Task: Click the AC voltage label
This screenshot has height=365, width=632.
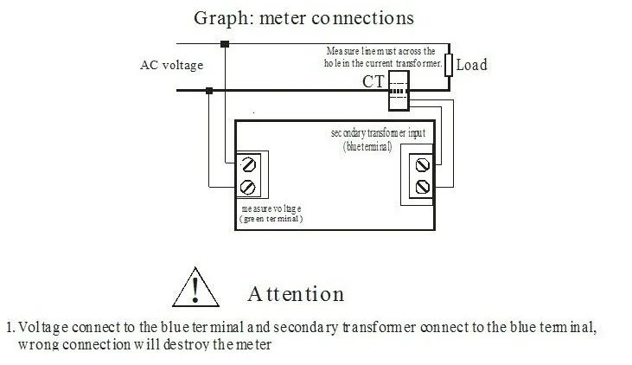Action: [172, 66]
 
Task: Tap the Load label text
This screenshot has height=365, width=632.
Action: [471, 65]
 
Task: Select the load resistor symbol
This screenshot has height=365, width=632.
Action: [449, 65]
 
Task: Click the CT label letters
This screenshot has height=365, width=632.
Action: [373, 82]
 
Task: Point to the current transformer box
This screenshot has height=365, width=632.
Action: [399, 91]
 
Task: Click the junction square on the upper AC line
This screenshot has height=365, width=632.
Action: [225, 44]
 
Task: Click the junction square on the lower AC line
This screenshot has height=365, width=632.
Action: [208, 91]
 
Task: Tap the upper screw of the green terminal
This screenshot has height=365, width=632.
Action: [248, 165]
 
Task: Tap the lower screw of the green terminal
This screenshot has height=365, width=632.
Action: [247, 187]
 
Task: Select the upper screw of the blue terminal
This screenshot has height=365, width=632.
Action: [423, 165]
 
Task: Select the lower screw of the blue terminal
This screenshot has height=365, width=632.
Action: [423, 187]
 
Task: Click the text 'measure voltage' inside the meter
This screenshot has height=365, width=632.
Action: [271, 208]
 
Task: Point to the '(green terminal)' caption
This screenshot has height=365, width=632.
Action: [271, 219]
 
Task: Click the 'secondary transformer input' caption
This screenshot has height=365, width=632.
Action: [378, 133]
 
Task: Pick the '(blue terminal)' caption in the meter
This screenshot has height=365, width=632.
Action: [367, 146]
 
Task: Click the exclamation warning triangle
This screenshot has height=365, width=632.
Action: [196, 287]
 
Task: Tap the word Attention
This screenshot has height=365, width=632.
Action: [296, 294]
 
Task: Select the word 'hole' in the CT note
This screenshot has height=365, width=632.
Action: [332, 63]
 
